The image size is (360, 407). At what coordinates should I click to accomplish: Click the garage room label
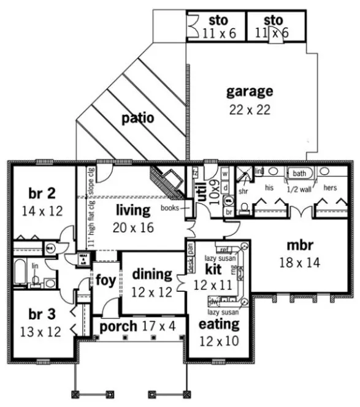pyautogui.click(x=249, y=93)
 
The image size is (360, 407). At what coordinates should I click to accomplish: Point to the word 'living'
pyautogui.click(x=132, y=211)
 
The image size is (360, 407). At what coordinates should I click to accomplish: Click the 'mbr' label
pyautogui.click(x=300, y=246)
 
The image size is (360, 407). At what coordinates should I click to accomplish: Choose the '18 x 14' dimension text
pyautogui.click(x=300, y=264)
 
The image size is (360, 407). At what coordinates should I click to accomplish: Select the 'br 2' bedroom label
pyautogui.click(x=42, y=194)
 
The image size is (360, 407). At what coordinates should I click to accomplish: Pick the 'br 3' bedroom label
pyautogui.click(x=42, y=314)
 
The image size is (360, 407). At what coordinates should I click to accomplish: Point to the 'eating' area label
pyautogui.click(x=219, y=324)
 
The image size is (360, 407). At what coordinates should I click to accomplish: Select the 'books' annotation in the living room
pyautogui.click(x=169, y=208)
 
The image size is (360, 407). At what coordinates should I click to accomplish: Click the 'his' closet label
pyautogui.click(x=268, y=187)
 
